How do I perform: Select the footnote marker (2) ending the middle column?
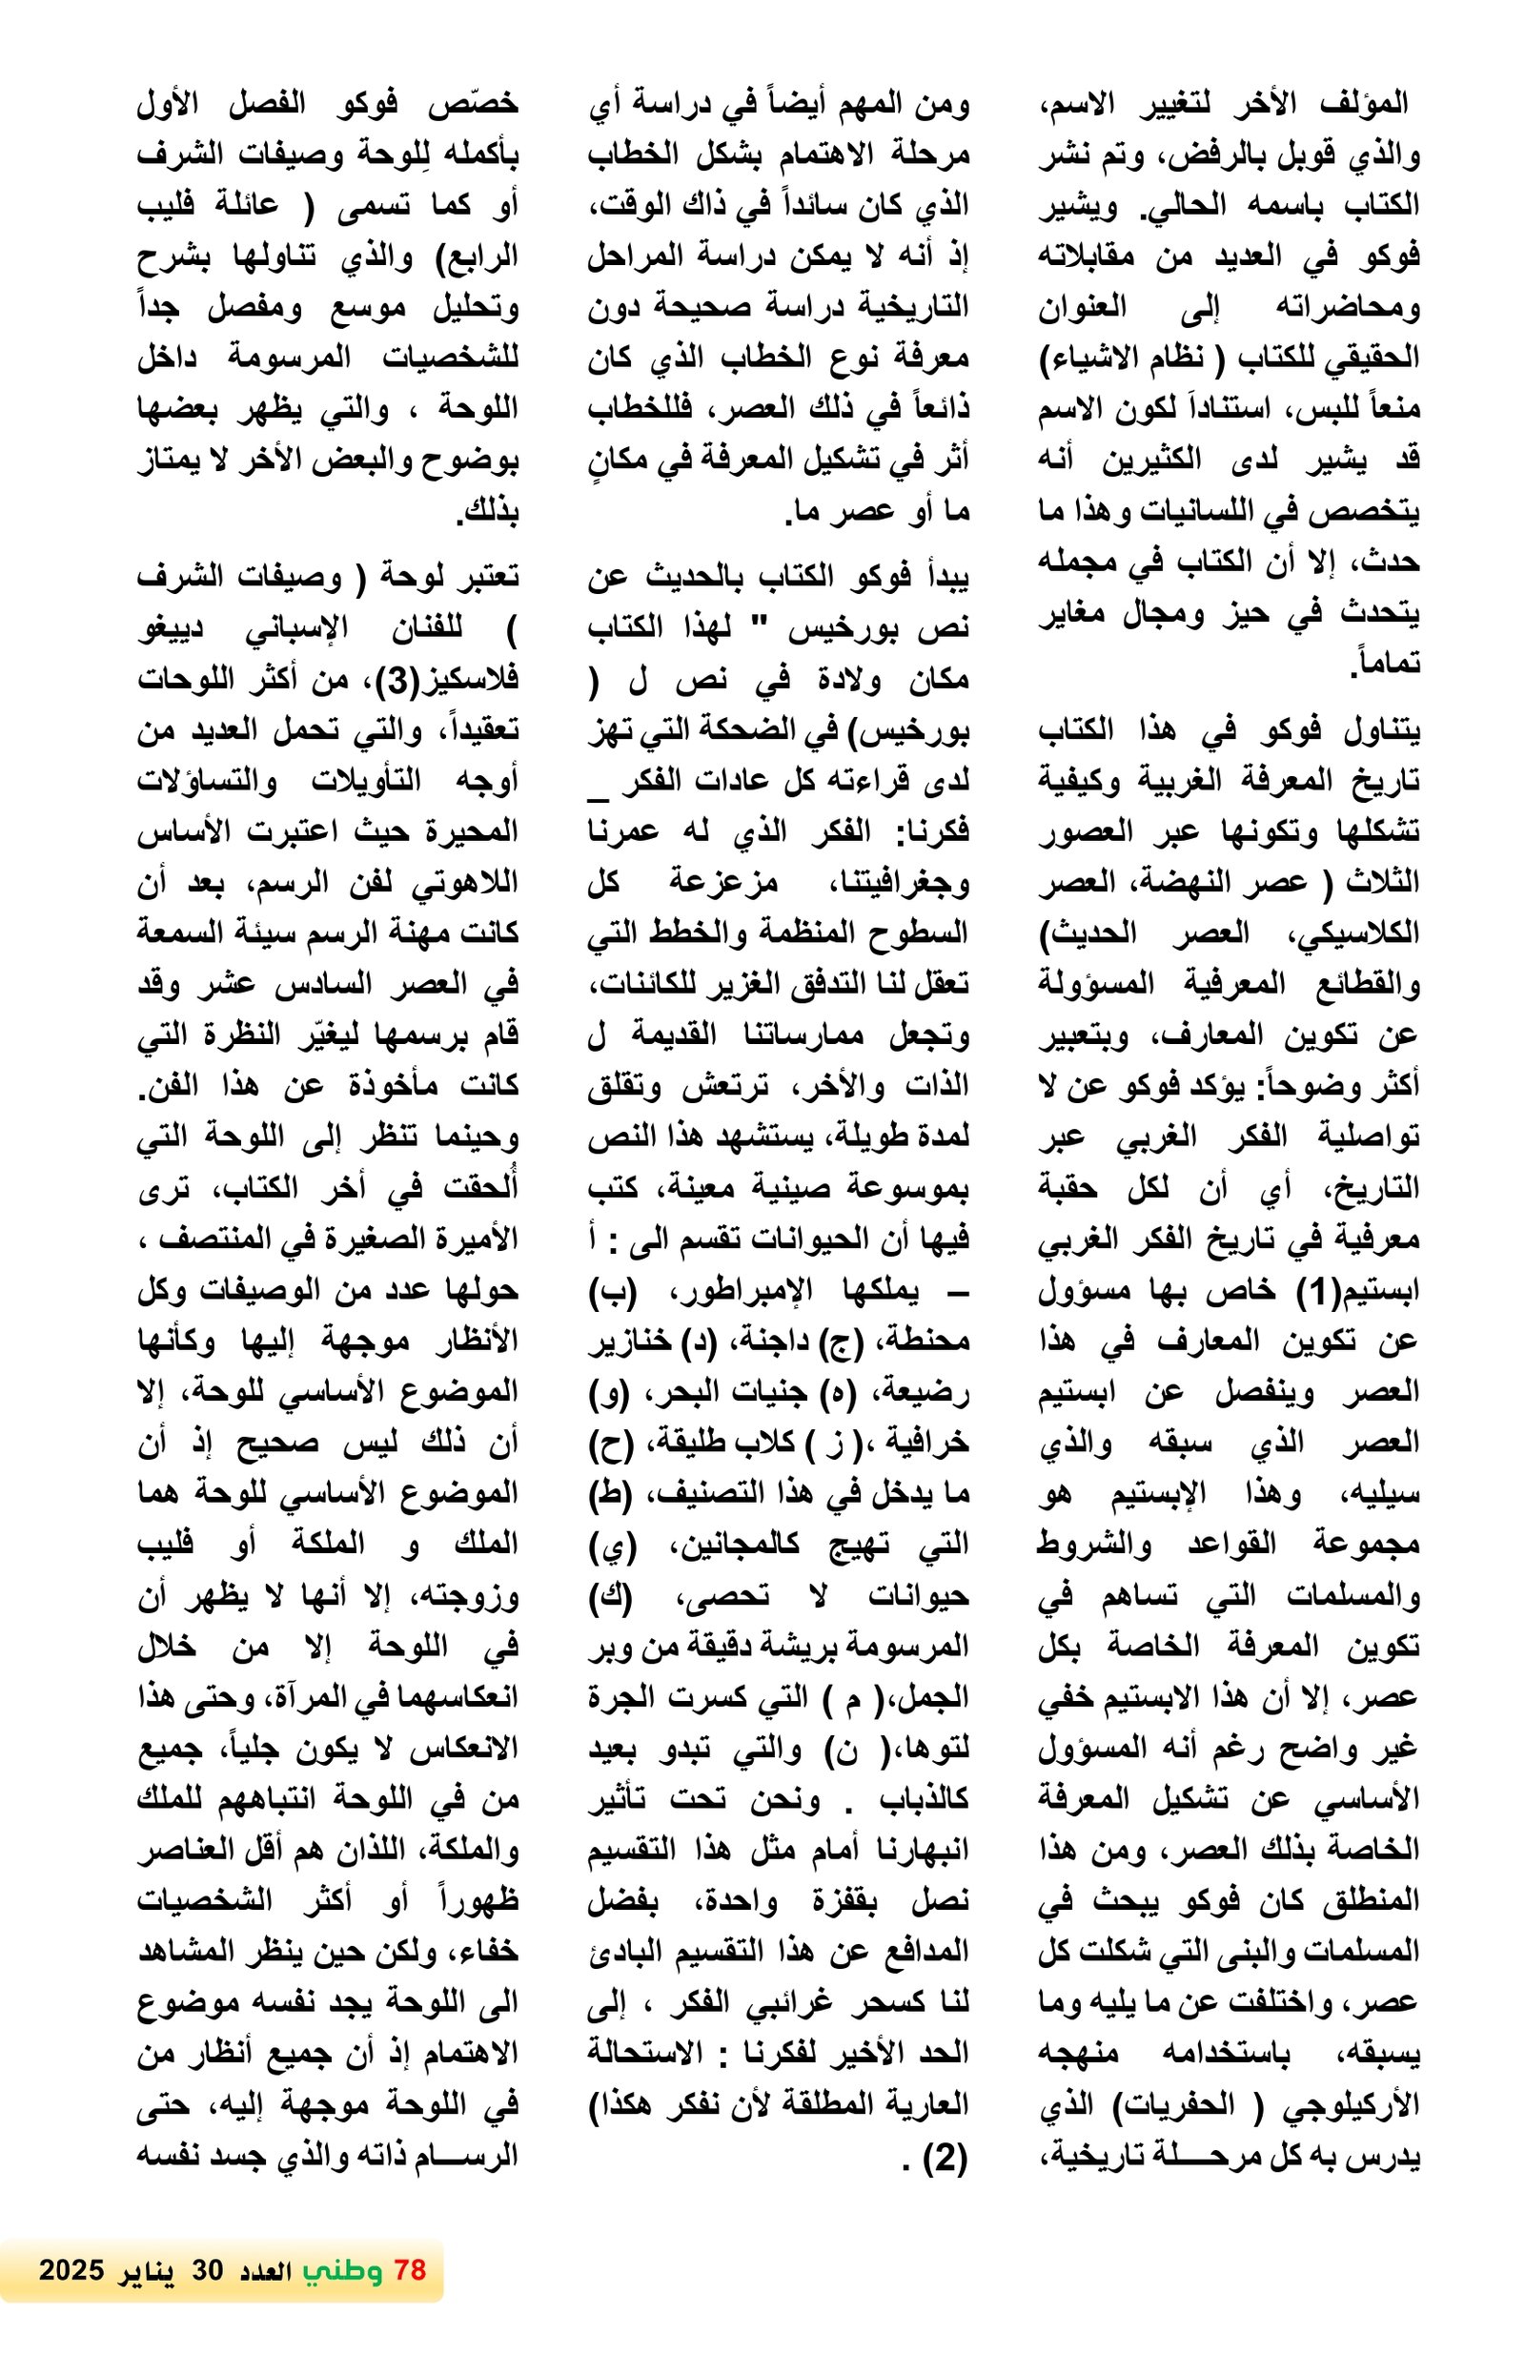[x=943, y=2157]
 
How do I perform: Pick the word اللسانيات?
[x=1212, y=511]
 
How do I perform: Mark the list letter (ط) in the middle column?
[x=604, y=1494]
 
